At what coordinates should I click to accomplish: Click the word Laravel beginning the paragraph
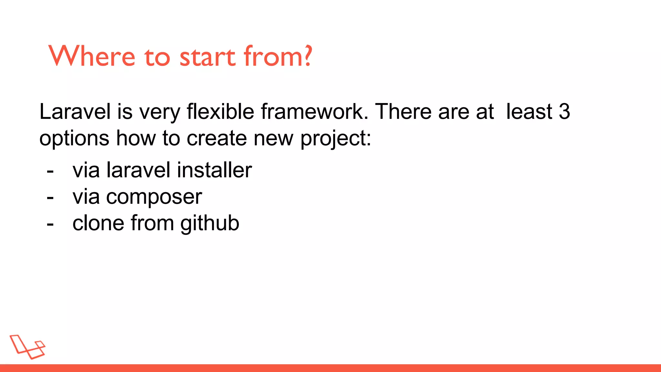[75, 112]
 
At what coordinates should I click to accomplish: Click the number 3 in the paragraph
[564, 112]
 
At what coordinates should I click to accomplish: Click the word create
[217, 138]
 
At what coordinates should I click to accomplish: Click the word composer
[154, 197]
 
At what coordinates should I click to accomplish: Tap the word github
[210, 223]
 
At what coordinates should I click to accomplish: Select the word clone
[98, 223]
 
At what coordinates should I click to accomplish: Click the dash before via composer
[50, 197]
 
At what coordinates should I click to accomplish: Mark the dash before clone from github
[50, 224]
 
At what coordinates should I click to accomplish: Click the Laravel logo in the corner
[28, 347]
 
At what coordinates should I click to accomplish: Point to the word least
[529, 112]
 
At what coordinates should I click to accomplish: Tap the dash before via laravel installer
[50, 171]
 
